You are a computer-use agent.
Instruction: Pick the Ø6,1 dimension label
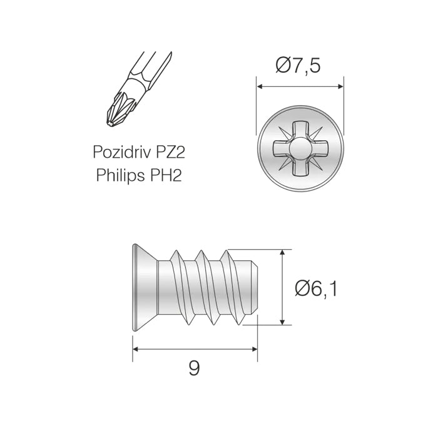316,289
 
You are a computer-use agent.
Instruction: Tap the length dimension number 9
194,369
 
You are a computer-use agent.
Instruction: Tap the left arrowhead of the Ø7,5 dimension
260,86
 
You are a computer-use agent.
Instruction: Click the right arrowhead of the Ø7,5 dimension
340,86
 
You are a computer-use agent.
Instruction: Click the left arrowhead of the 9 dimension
136,349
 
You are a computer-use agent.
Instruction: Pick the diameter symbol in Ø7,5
283,66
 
